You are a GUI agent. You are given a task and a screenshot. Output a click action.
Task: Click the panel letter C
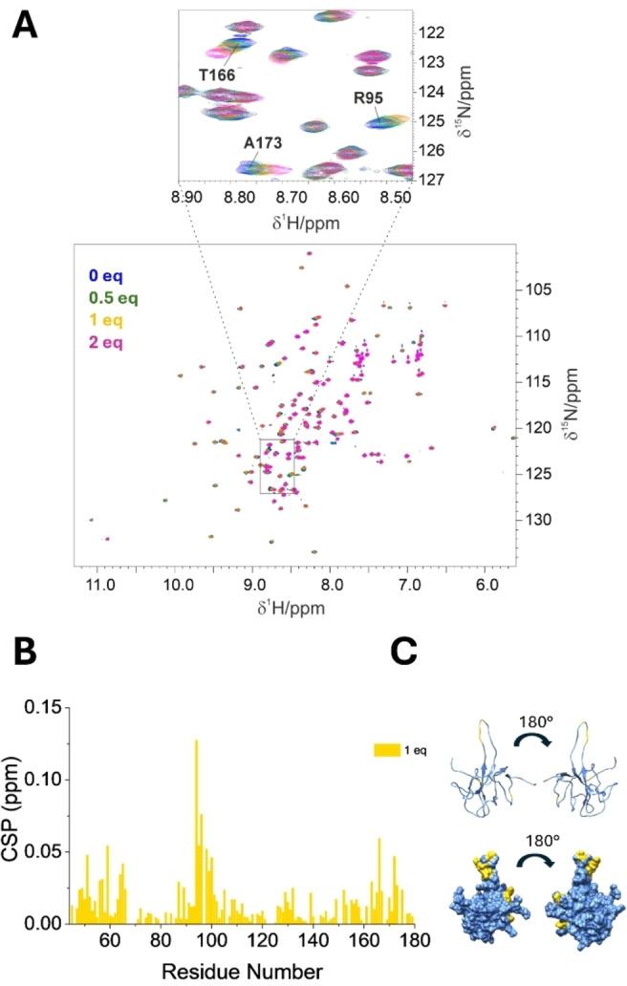(406, 653)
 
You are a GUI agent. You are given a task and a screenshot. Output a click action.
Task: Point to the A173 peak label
(263, 141)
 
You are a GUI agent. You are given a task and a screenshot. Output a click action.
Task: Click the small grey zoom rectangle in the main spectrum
(277, 465)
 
